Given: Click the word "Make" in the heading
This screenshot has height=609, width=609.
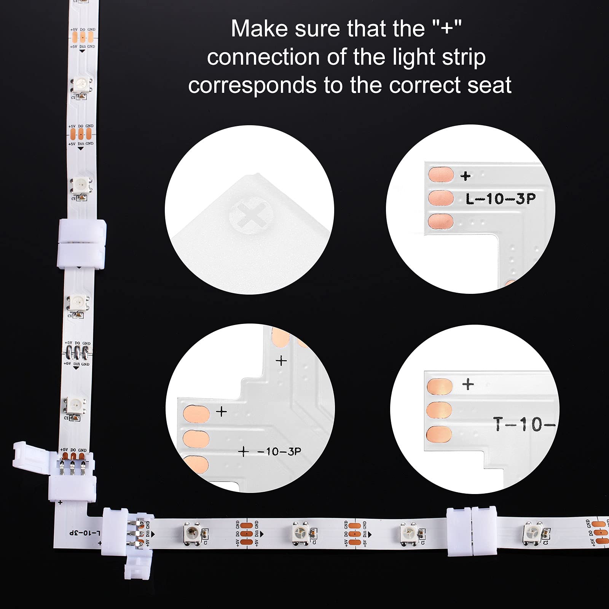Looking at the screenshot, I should point(259,29).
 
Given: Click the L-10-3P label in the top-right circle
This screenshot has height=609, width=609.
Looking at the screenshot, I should point(500,199).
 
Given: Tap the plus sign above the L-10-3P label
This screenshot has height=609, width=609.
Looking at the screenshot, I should point(465,176).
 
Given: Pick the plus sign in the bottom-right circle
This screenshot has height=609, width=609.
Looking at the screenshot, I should point(468,384).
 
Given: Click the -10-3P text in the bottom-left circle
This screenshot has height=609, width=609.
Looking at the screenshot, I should point(279,452).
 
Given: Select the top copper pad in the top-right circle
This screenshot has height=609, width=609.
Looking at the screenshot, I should point(441,175).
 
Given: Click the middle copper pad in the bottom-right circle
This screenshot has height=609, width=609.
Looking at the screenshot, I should point(439,410).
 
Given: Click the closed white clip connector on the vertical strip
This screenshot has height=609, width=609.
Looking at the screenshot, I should point(81,244).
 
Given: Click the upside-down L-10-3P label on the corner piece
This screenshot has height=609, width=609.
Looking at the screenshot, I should point(84,532).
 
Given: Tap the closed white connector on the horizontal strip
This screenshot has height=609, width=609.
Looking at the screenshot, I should point(472,531).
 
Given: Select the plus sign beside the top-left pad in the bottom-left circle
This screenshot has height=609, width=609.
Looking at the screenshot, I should point(221,411).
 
